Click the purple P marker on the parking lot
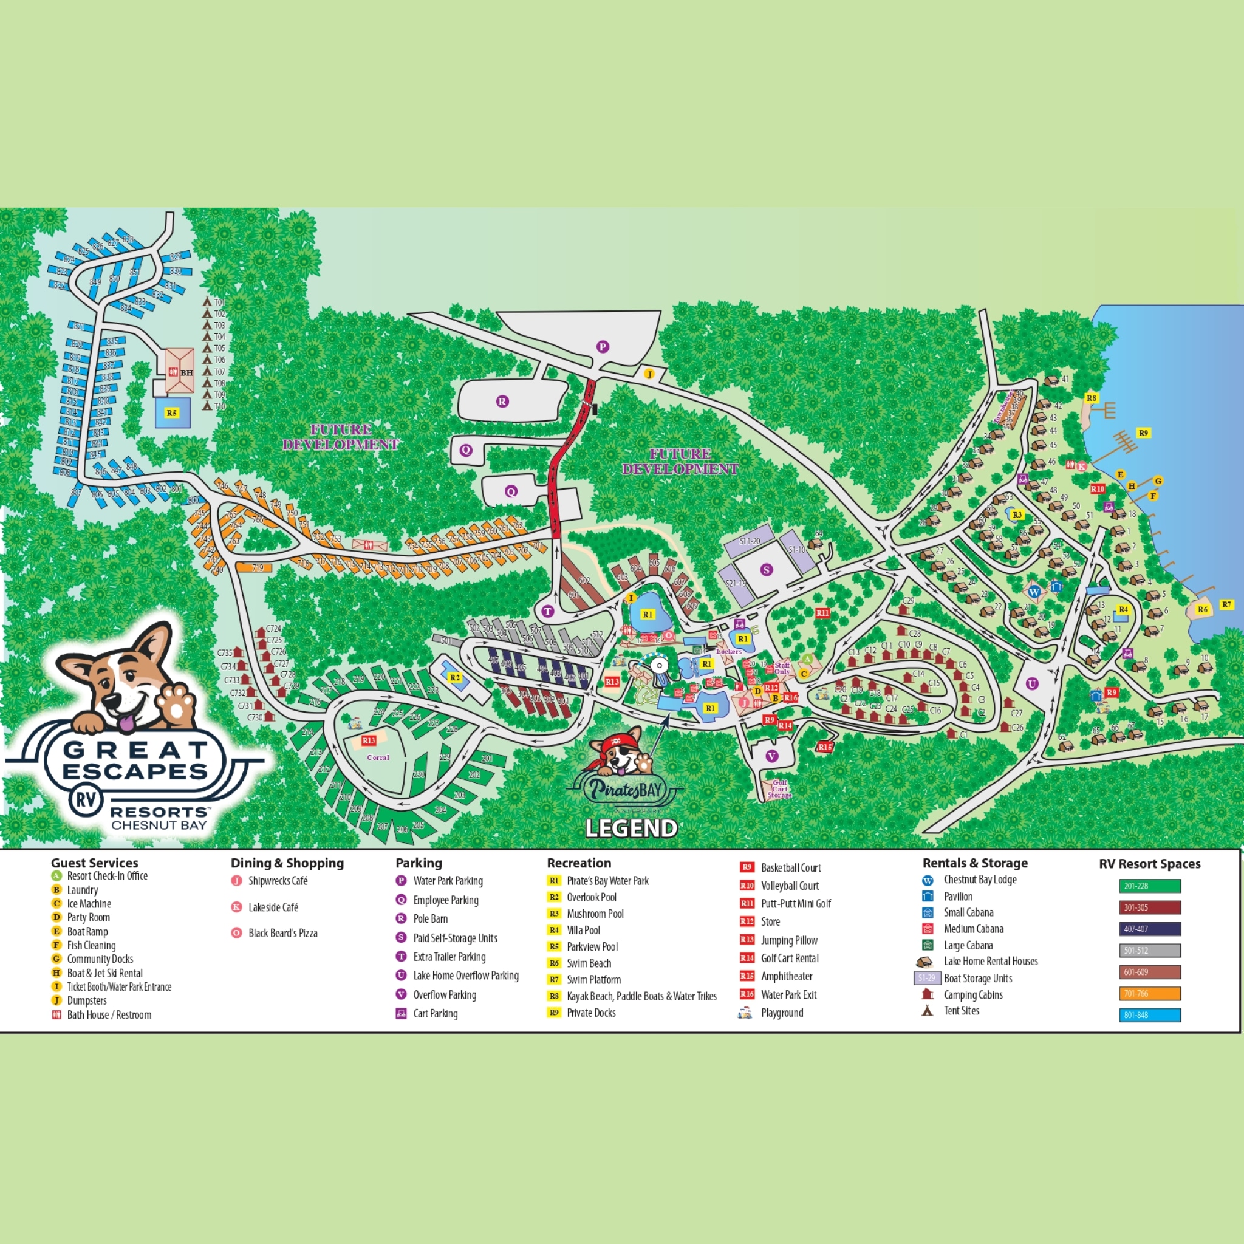(602, 346)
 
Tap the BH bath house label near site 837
(186, 373)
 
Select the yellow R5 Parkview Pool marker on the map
(171, 412)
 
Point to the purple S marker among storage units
(766, 569)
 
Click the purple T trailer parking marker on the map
(548, 612)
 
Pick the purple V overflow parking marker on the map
(771, 756)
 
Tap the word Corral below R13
(378, 758)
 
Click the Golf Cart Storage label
(780, 789)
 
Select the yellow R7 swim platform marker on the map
(1226, 604)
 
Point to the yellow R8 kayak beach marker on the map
(1092, 398)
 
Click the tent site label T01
(219, 302)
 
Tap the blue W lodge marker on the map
(1034, 591)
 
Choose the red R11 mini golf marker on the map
(822, 613)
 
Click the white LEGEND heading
(631, 829)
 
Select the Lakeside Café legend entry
(273, 907)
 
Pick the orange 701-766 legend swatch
(1149, 994)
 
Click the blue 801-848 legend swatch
(1149, 1015)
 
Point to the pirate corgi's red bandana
(613, 741)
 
